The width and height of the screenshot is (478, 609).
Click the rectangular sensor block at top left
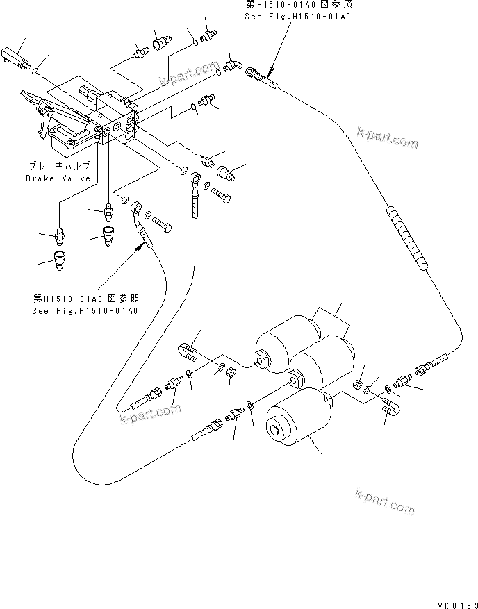click(15, 55)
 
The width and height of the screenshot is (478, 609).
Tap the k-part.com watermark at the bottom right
click(384, 501)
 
